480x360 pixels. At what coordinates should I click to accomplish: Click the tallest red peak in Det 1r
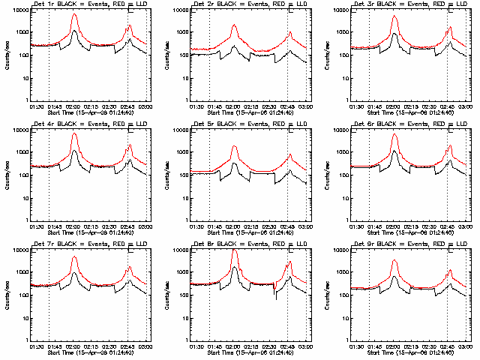point(74,14)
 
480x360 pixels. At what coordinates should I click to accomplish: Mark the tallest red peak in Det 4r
point(74,134)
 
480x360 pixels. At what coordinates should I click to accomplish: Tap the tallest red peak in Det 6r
point(395,136)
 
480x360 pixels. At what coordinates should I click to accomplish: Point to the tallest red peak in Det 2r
point(235,25)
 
